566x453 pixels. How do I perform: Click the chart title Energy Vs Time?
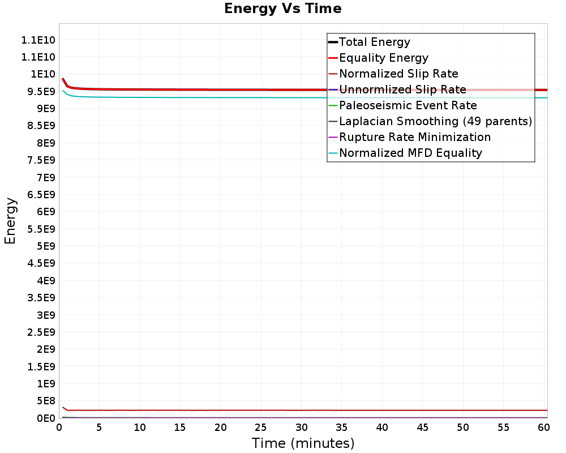(x=282, y=9)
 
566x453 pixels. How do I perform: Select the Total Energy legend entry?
(x=374, y=42)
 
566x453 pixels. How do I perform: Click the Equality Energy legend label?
(x=383, y=58)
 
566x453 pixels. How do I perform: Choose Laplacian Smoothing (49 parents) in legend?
(x=435, y=121)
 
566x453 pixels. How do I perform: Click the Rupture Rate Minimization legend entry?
(x=415, y=137)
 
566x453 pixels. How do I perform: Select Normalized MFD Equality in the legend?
(x=410, y=153)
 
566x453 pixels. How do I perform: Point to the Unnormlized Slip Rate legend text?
(x=402, y=89)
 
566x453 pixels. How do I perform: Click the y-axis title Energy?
(x=10, y=220)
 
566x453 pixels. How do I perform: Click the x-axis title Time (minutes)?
(x=303, y=443)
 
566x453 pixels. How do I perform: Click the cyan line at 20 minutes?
(x=221, y=97)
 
